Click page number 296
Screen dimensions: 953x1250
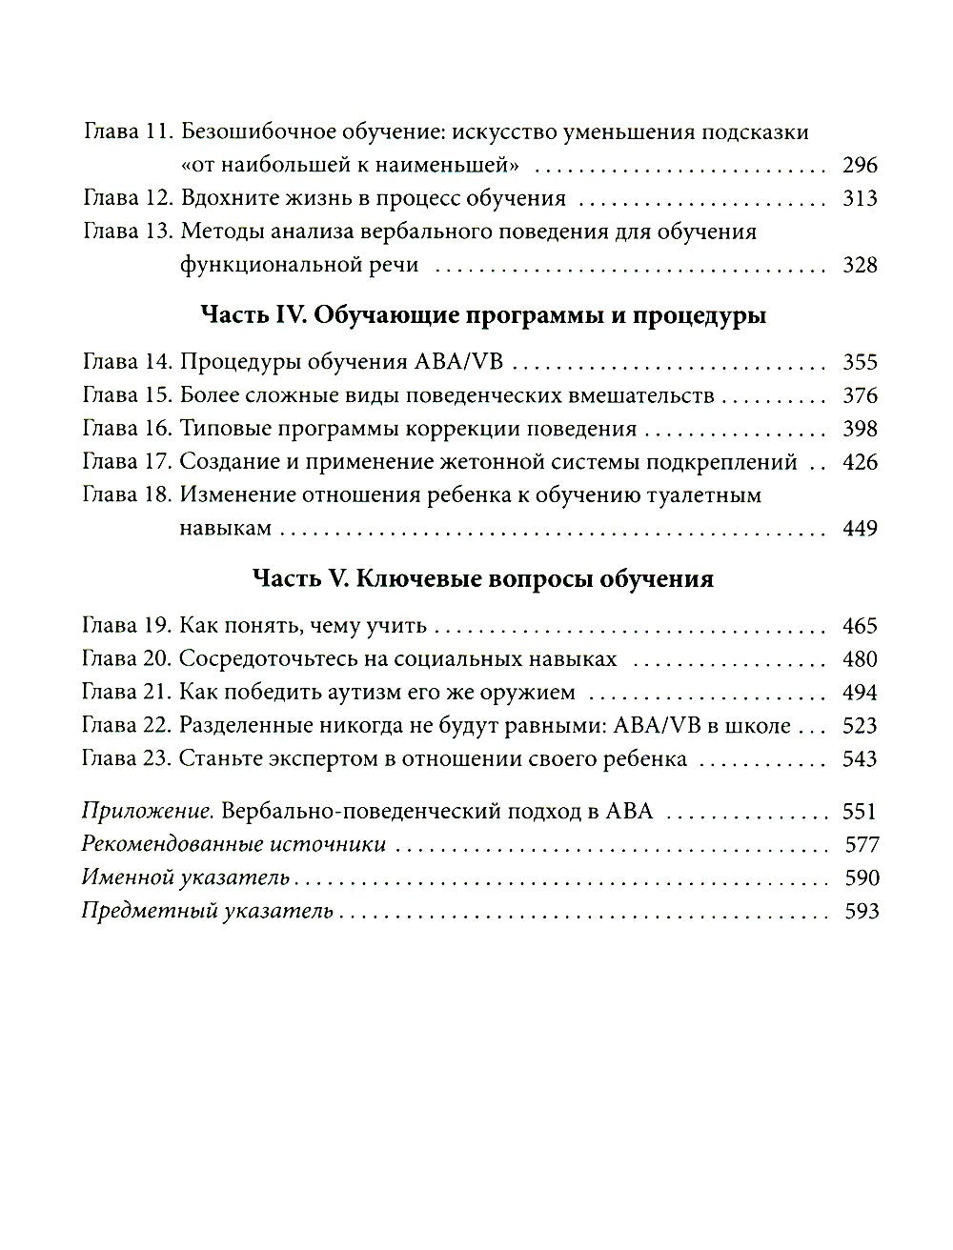860,166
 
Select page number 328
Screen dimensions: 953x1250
860,266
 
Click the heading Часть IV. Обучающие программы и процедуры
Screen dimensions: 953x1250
483,315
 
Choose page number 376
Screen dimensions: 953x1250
860,396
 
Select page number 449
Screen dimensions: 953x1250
860,529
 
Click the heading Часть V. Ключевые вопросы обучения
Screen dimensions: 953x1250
483,578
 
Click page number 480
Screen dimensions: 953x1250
860,660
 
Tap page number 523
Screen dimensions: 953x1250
860,726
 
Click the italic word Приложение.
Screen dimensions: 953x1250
148,812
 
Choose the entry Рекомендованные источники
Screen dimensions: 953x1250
234,845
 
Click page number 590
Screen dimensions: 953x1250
862,878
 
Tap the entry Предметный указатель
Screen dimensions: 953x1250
208,912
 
